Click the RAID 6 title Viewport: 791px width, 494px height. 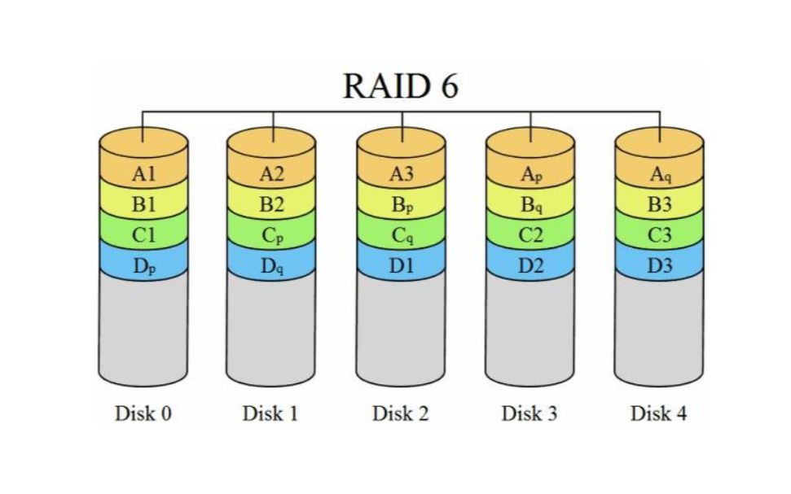[x=400, y=86]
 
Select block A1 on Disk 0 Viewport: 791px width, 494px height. [x=143, y=173]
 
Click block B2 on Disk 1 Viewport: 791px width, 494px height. [x=272, y=204]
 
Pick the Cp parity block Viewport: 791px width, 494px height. [x=272, y=236]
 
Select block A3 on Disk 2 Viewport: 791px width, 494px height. [x=401, y=173]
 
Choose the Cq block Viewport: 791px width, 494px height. [x=401, y=236]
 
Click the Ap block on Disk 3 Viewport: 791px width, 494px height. [x=530, y=174]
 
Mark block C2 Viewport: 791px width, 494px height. [x=530, y=236]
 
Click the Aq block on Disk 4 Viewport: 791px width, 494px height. [x=659, y=174]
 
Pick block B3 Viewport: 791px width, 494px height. [x=659, y=204]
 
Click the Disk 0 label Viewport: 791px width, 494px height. [x=143, y=413]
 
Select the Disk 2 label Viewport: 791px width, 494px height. [x=401, y=413]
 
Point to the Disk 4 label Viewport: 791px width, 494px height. [x=659, y=413]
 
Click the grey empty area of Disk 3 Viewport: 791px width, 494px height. [x=530, y=334]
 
